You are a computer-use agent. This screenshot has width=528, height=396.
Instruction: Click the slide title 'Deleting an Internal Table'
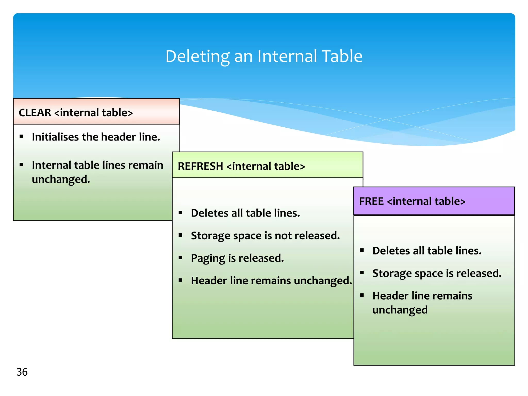(x=264, y=56)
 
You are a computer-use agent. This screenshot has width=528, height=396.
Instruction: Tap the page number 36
(x=22, y=372)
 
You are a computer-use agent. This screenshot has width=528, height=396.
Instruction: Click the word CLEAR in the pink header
(x=35, y=113)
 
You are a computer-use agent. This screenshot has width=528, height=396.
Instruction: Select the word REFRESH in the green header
(x=200, y=166)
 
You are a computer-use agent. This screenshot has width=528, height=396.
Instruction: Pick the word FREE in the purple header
(x=371, y=201)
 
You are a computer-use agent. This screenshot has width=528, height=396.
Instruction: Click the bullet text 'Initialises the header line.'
(x=96, y=137)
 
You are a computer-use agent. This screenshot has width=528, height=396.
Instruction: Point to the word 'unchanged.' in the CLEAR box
(x=61, y=179)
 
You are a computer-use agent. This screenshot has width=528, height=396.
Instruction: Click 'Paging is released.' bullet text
(x=237, y=258)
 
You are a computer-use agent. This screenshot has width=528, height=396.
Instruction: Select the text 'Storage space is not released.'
(x=265, y=236)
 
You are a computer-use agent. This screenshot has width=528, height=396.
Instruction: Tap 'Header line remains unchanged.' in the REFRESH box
(x=271, y=280)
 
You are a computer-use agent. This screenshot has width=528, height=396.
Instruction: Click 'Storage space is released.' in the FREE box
(x=437, y=273)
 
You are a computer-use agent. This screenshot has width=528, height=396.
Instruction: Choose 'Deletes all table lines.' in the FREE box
(x=427, y=251)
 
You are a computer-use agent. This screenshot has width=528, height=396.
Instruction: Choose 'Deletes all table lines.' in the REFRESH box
(x=245, y=213)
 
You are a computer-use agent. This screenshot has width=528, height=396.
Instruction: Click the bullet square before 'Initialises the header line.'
(x=21, y=136)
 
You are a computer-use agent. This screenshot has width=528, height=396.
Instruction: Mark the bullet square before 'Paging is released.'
(x=180, y=258)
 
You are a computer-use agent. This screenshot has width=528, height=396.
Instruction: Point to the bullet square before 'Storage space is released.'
(x=362, y=273)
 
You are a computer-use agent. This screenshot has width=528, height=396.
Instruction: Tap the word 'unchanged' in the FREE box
(x=400, y=310)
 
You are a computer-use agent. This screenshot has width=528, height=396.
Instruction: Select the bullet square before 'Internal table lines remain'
(x=21, y=164)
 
